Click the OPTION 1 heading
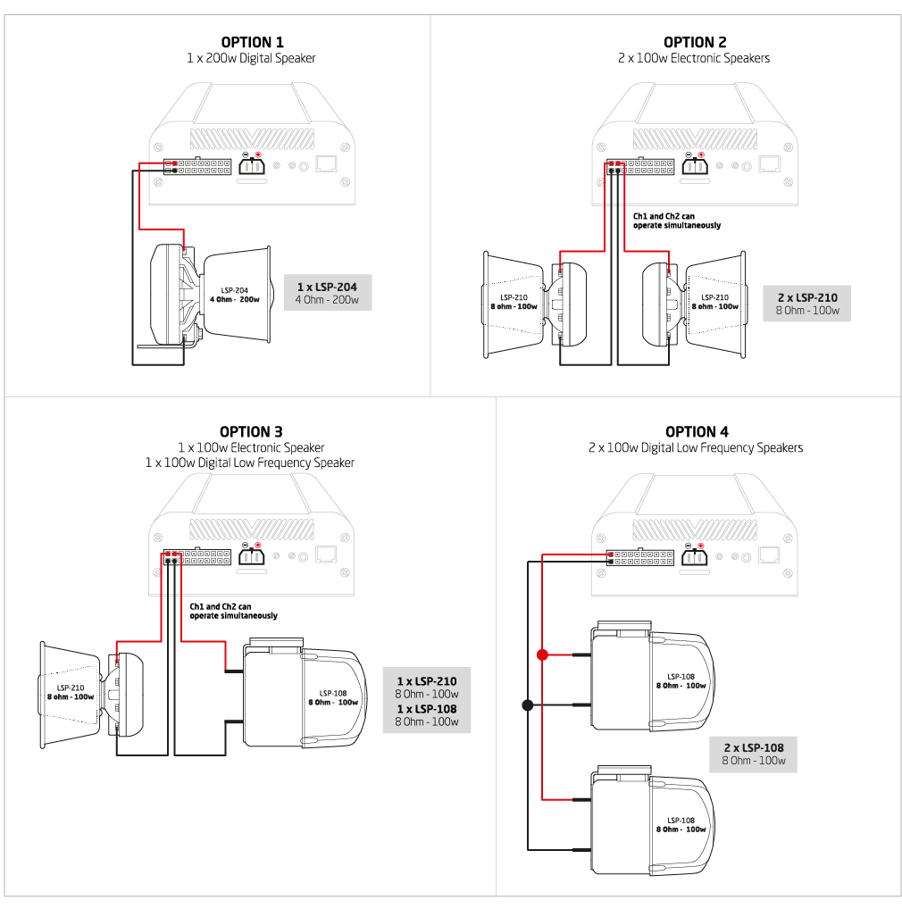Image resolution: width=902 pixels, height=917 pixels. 252,42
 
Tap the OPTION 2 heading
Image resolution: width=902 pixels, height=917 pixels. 695,42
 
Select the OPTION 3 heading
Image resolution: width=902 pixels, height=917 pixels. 251,431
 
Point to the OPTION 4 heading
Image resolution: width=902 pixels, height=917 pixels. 697,431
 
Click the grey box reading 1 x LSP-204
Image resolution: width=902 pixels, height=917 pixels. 328,292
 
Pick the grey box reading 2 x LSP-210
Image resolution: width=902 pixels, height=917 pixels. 807,304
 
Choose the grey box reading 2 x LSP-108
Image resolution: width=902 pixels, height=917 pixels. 754,754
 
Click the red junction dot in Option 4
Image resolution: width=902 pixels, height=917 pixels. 542,654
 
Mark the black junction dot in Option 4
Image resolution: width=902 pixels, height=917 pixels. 528,705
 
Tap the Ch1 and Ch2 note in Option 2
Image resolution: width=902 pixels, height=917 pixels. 677,221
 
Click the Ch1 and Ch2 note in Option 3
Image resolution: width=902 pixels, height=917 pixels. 233,611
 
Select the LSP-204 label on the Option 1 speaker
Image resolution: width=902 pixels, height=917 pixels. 235,295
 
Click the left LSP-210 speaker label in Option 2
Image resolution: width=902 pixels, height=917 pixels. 514,302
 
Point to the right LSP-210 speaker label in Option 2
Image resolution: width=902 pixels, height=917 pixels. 714,302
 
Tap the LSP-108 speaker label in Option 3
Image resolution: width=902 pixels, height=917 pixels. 333,697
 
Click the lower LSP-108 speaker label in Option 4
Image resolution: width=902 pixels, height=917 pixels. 681,825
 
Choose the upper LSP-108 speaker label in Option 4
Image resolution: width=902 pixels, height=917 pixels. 681,680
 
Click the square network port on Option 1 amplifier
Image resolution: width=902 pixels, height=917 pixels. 326,163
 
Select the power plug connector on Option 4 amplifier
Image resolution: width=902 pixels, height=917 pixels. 695,555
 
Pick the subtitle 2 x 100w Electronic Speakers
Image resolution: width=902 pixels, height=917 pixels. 694,58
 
